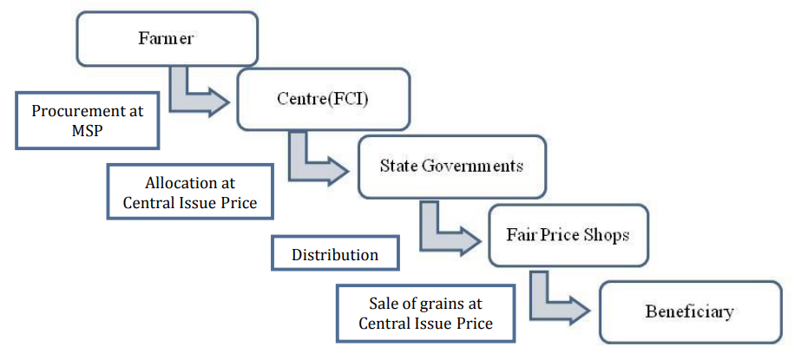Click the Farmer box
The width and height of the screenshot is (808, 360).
click(167, 39)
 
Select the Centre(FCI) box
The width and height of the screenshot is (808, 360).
click(323, 98)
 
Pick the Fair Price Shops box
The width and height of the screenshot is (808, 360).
click(568, 235)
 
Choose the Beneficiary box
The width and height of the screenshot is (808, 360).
click(689, 311)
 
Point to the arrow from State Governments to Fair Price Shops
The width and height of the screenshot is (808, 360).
click(444, 230)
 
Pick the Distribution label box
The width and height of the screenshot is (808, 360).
click(335, 254)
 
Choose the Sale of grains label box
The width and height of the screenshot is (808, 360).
click(425, 313)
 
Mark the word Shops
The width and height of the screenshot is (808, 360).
click(606, 235)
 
